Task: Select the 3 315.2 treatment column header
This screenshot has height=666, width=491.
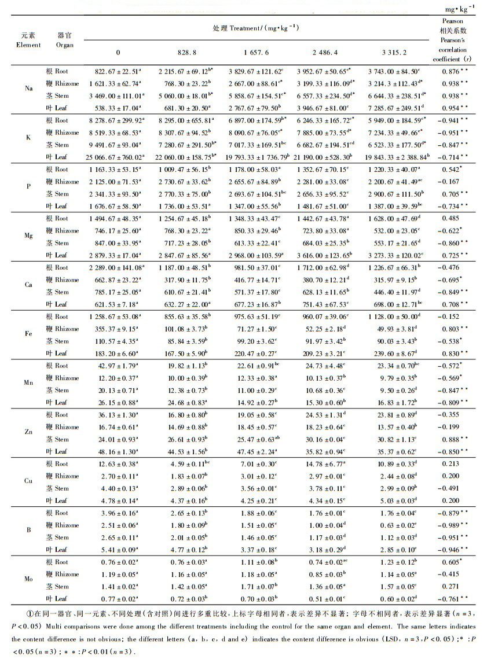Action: [393, 52]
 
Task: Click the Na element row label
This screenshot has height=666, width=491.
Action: [28, 89]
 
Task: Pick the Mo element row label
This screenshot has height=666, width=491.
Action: [28, 580]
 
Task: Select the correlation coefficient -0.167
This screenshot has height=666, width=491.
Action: [453, 181]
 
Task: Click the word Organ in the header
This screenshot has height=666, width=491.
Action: [65, 45]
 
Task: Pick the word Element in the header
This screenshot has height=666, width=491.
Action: [28, 45]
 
